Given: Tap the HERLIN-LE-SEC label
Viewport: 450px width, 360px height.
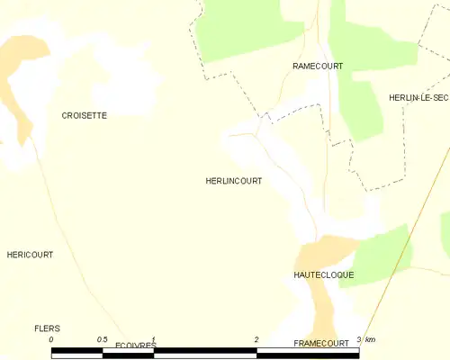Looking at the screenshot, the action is (418, 97).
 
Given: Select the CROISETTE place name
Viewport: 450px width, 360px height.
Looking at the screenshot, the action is (84, 116).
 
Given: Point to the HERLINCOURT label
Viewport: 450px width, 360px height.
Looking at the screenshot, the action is (234, 181).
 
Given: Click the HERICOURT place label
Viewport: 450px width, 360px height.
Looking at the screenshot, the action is (30, 255).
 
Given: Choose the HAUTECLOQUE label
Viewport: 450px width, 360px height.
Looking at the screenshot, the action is (323, 274).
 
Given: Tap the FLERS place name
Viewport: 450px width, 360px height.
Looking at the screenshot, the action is (46, 328).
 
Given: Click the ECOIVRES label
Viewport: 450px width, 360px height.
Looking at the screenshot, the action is (136, 345).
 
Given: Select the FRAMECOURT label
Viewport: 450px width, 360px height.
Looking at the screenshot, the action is (321, 344).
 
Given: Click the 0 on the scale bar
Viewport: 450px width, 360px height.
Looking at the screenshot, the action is (52, 339).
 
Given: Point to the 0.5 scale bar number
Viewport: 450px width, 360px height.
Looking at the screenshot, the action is (102, 339).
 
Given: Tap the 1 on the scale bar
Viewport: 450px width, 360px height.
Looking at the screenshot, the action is (154, 339).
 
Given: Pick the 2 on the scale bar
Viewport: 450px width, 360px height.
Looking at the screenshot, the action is (256, 339).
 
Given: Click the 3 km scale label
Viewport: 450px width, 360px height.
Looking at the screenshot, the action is (364, 339).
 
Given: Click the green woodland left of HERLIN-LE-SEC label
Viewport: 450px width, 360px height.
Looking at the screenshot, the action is (364, 108).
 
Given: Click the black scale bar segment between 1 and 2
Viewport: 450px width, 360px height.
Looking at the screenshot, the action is (205, 352).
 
